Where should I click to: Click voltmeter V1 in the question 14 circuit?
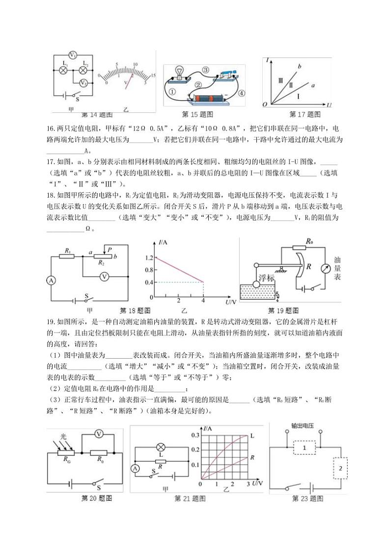[72, 54]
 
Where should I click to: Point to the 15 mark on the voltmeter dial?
[153, 75]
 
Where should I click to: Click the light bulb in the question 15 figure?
[180, 73]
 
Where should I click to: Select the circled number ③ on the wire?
[205, 70]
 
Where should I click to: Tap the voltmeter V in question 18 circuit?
[104, 277]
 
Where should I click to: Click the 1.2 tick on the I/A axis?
[148, 257]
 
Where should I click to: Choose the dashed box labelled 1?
[304, 448]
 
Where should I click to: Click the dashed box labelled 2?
[339, 470]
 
